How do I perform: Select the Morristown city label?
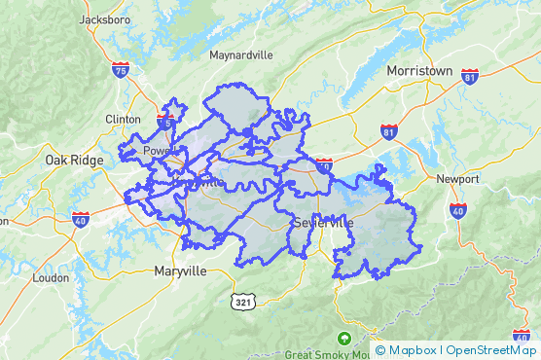419,71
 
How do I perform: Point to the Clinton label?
123,119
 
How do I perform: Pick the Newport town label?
457,179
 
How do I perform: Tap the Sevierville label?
323,224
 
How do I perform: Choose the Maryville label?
181,271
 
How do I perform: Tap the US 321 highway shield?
243,303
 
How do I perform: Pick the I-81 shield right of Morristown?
471,76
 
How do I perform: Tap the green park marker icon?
343,339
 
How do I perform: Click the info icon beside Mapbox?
379,350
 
